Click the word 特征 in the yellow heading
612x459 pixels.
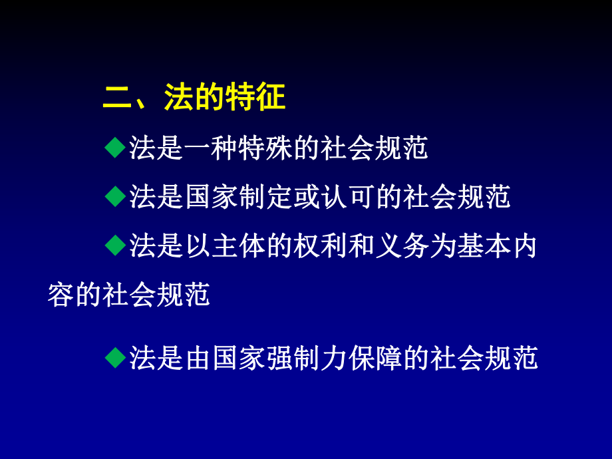[257, 98]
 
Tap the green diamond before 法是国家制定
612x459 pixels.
[115, 196]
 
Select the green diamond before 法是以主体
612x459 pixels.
[115, 246]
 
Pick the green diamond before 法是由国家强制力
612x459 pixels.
[115, 358]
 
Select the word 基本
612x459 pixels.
[470, 247]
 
